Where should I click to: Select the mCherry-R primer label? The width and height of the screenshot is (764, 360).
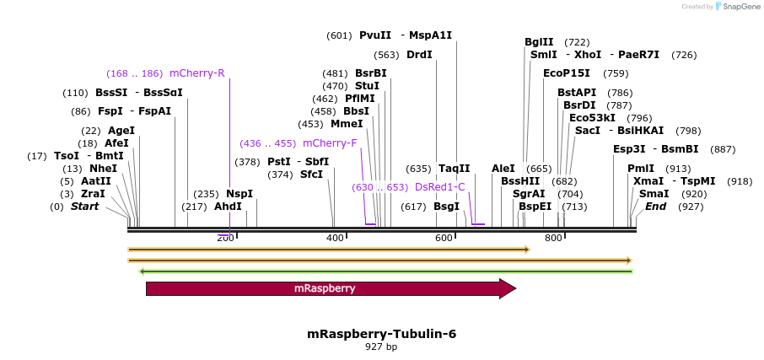(197, 73)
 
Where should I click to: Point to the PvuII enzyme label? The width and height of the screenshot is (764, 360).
(375, 35)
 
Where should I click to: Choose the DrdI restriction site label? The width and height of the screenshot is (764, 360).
(419, 55)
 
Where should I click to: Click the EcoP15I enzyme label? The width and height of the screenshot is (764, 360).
(567, 73)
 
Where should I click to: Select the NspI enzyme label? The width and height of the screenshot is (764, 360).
(239, 194)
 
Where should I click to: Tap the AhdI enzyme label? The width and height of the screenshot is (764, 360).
(228, 207)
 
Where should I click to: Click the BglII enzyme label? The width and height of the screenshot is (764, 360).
(539, 42)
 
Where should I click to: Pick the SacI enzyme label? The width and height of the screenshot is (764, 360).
(587, 131)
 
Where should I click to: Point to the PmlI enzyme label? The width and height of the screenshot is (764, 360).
(641, 169)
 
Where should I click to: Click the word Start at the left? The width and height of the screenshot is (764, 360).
(84, 207)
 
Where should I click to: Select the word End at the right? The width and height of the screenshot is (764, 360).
(656, 207)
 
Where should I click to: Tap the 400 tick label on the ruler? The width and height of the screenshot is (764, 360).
(335, 238)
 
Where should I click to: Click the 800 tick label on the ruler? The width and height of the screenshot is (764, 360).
(554, 238)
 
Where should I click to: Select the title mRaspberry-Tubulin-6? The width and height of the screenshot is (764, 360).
(382, 334)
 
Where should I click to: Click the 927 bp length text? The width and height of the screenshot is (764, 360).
(381, 347)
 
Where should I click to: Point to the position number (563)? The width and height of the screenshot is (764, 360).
(387, 55)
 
